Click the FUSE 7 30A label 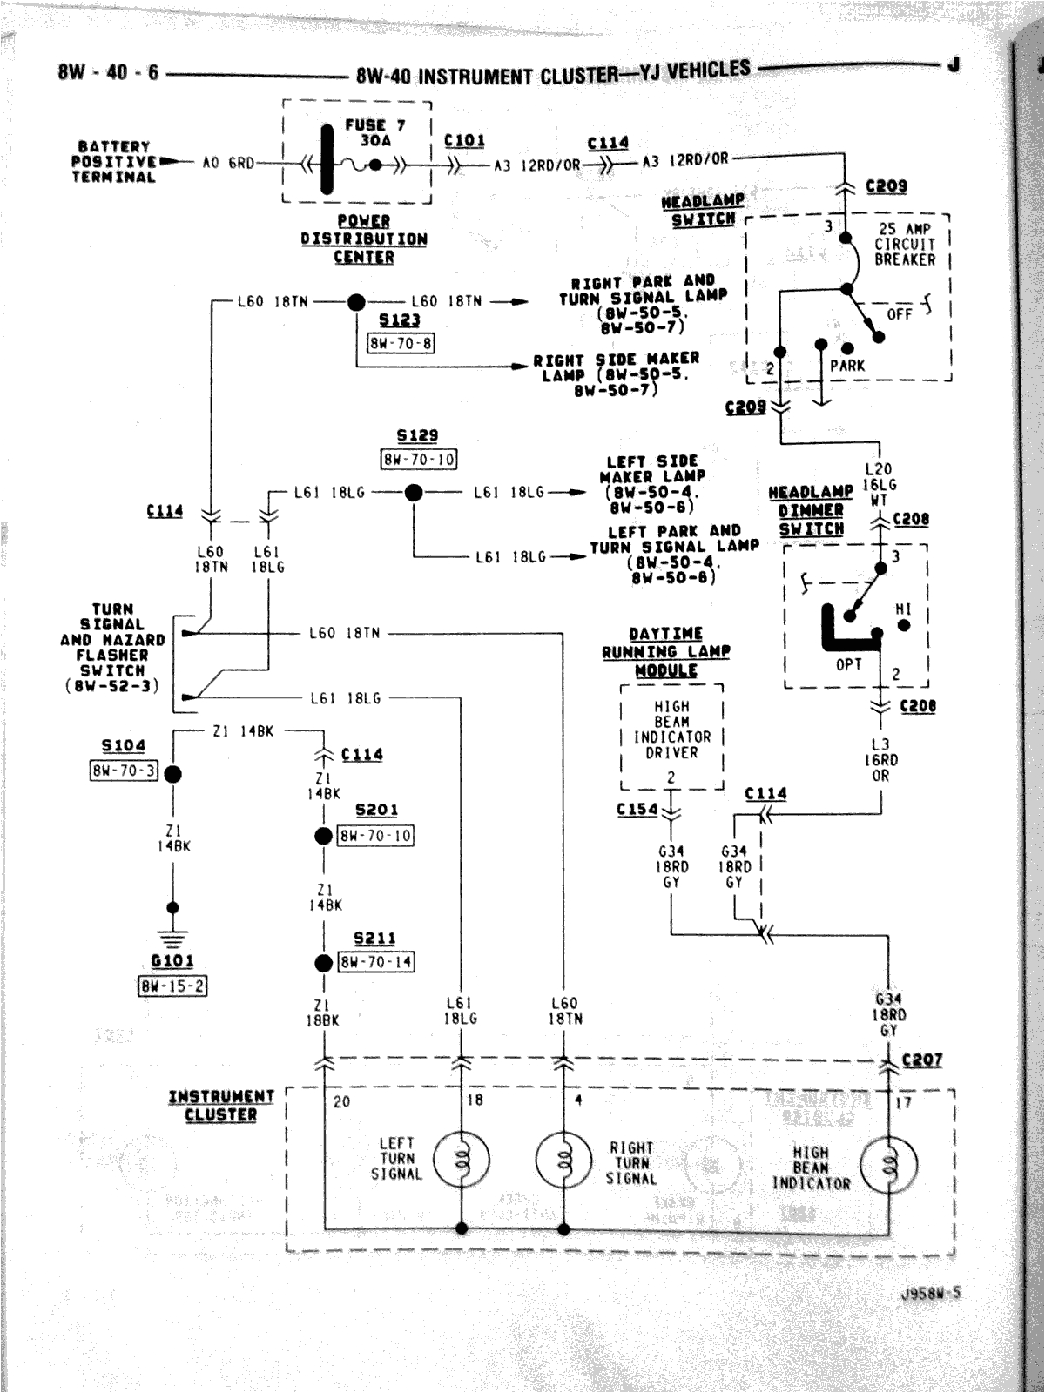tap(375, 132)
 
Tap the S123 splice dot tap(356, 302)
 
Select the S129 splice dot tap(414, 493)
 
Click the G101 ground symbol tap(173, 939)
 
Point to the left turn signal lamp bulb tap(462, 1159)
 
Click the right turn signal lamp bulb tap(564, 1159)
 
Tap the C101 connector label tap(464, 140)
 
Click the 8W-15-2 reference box tap(173, 986)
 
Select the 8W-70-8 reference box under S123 tap(401, 343)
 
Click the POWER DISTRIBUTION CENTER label tap(364, 239)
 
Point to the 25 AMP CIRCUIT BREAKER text tap(905, 245)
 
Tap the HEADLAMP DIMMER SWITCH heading tap(811, 510)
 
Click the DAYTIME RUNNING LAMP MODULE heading tap(666, 652)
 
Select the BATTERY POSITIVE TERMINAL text tap(114, 162)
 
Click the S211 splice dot tap(323, 963)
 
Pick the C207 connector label tap(922, 1060)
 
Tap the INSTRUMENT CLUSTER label tap(221, 1105)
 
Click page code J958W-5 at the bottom tap(932, 1293)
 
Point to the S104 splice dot tap(173, 774)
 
